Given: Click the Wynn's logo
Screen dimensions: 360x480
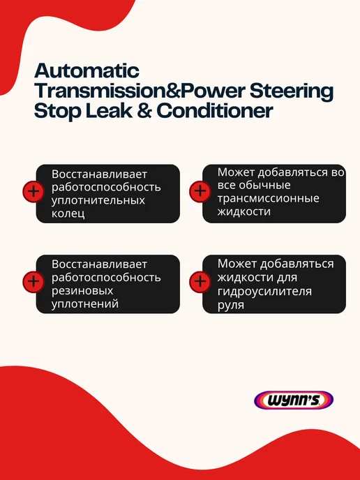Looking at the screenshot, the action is point(294,400).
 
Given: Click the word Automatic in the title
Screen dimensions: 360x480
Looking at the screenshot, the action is point(87,70).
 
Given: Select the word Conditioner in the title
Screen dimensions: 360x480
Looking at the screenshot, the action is point(215,110).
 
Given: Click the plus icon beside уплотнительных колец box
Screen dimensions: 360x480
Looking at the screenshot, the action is point(33,192).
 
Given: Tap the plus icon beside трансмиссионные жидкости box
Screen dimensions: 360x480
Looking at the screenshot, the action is point(200,192).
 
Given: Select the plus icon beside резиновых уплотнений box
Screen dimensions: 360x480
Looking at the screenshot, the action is point(33,282).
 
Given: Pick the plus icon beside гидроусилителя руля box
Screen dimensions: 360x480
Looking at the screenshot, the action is point(200,282).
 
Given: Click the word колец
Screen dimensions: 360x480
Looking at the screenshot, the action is point(68,213).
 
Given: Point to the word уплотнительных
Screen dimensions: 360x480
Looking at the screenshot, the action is point(98,200).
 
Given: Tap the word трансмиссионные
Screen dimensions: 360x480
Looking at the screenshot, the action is point(268,198).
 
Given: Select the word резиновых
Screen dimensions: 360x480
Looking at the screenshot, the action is point(82,291).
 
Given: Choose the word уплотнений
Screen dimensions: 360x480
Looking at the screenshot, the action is point(85,304).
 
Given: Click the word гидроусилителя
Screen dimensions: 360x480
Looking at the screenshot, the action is point(264,291).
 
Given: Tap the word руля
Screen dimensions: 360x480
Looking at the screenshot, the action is point(231,305).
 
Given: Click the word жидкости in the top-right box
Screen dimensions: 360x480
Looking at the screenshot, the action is point(244,211).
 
